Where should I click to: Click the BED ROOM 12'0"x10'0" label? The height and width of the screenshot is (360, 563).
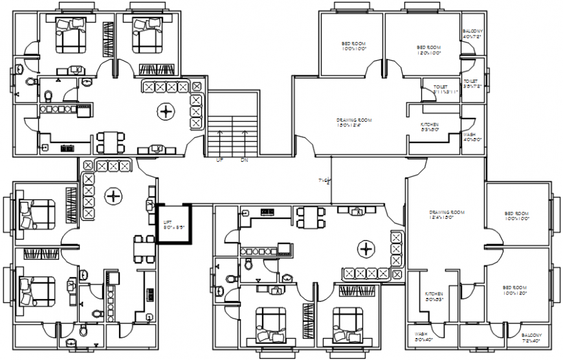(428, 50)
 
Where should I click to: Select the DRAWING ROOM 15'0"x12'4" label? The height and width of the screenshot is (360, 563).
(354, 123)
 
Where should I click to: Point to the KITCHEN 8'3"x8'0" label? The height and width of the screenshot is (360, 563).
(430, 127)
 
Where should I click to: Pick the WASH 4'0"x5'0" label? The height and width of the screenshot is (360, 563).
(472, 137)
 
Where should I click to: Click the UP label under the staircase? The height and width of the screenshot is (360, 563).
(219, 159)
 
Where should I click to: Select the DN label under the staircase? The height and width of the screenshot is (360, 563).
(244, 159)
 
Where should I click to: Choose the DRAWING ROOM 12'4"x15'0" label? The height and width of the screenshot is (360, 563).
(447, 215)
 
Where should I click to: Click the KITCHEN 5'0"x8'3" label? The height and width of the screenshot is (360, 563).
(434, 297)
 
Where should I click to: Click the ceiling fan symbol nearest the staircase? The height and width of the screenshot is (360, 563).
(166, 112)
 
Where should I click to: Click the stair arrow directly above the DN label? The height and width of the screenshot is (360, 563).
(244, 139)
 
